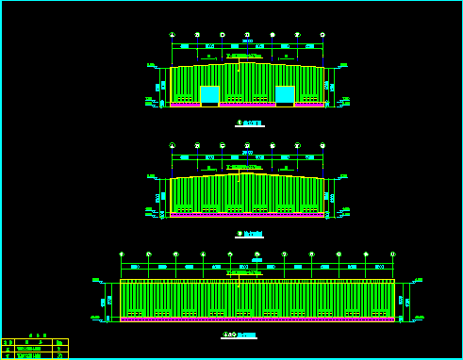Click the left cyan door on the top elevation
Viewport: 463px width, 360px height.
pos(209,94)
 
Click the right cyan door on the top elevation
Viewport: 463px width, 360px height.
pos(285,94)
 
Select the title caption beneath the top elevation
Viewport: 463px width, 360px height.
pos(250,123)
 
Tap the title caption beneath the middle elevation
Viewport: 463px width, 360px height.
pos(250,234)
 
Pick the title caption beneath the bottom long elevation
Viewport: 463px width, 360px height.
pos(240,335)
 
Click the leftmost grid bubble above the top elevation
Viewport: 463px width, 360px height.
pos(172,35)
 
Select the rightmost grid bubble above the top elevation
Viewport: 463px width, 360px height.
pos(322,35)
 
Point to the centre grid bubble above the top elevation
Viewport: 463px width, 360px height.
pos(247,35)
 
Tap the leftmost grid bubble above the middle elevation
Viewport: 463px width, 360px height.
pos(172,145)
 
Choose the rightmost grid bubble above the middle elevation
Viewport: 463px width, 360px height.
pos(322,145)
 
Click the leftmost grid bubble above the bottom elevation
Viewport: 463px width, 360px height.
pos(121,254)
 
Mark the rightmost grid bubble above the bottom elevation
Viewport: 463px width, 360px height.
pos(393,254)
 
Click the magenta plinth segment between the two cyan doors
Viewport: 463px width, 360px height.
pos(247,105)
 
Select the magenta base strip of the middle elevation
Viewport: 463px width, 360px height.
pos(247,215)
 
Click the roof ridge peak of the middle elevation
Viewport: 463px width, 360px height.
pos(247,172)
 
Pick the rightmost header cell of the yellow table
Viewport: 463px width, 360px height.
pos(60,342)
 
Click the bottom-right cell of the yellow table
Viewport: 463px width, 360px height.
pos(60,355)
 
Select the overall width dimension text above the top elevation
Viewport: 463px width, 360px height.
pos(247,41)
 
